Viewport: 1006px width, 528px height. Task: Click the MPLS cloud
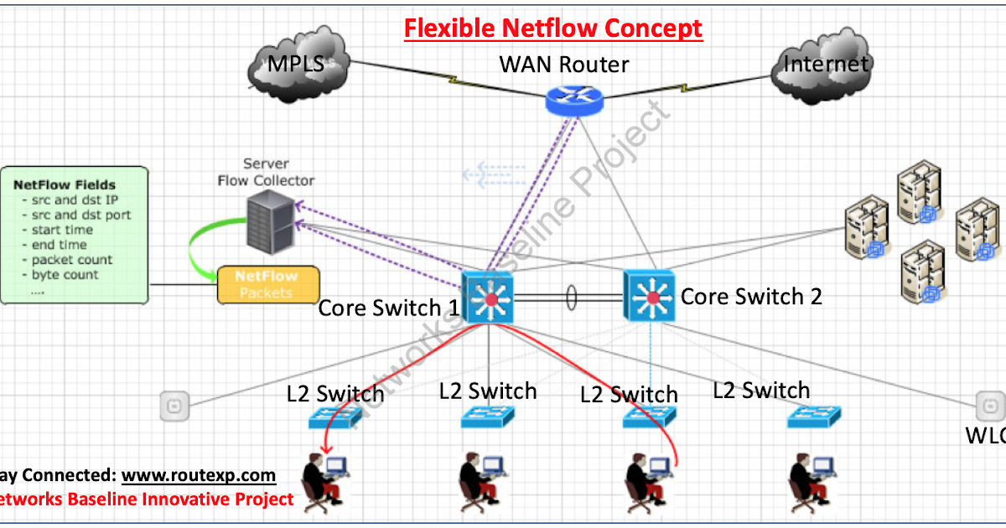coord(298,67)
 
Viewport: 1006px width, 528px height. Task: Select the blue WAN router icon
coord(574,100)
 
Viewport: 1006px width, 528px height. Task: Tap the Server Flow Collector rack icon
coord(270,220)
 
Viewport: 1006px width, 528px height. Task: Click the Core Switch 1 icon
coord(488,298)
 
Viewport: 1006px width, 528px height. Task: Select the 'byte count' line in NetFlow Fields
coord(65,275)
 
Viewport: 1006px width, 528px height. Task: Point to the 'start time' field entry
coord(62,230)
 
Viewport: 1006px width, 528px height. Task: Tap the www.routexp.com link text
coord(199,475)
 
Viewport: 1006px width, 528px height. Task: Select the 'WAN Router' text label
coord(563,64)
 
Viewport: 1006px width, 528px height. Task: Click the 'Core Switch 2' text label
coord(751,296)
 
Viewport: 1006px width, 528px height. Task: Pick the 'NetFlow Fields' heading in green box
coord(65,184)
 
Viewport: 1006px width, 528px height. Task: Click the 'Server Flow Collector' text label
coord(266,173)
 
